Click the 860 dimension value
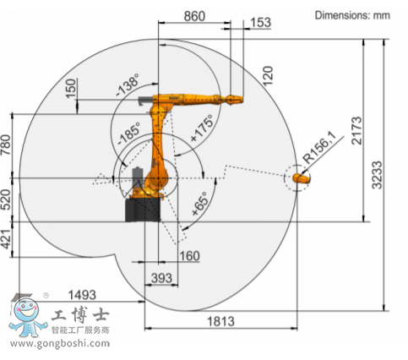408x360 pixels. (194, 16)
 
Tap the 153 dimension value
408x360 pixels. (260, 23)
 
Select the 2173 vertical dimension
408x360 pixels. (356, 130)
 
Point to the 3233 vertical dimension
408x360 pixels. (377, 175)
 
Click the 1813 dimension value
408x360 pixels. (220, 321)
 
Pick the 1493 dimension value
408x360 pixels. (82, 295)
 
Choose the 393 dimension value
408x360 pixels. (161, 278)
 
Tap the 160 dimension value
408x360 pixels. (189, 256)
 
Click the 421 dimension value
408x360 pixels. (6, 239)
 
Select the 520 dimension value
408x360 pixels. (6, 200)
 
